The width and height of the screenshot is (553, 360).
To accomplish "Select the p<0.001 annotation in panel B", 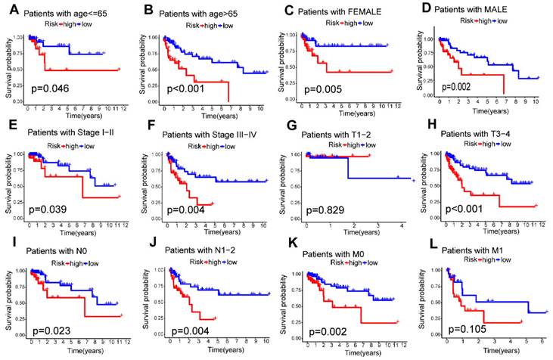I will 184,86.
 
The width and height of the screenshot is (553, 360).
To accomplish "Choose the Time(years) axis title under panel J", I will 216,353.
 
